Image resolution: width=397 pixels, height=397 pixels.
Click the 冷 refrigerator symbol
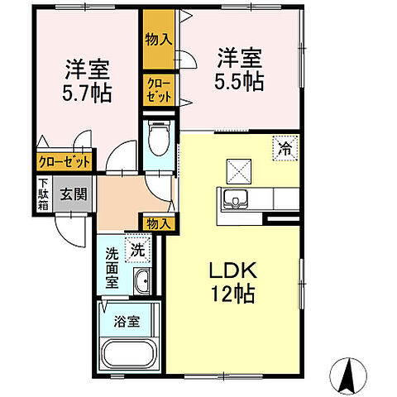point(285,150)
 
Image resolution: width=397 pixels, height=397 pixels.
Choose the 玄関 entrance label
point(73,194)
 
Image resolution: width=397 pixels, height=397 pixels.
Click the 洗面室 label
point(112,266)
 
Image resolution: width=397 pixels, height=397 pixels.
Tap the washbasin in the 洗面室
point(141,281)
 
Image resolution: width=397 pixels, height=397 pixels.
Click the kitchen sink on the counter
point(236,200)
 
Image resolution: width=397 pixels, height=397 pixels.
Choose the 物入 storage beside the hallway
point(158,222)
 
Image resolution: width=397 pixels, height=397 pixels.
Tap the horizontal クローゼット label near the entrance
point(64,162)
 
